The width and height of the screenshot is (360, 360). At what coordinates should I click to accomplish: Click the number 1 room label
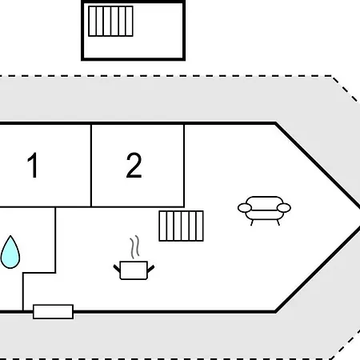pyautogui.click(x=33, y=165)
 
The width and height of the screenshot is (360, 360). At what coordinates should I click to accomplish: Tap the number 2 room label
pyautogui.click(x=134, y=165)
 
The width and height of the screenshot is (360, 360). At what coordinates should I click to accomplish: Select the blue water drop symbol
pyautogui.click(x=10, y=252)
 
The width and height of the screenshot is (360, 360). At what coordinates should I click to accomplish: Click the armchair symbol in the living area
pyautogui.click(x=264, y=210)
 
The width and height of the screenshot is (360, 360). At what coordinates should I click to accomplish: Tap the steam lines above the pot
pyautogui.click(x=135, y=247)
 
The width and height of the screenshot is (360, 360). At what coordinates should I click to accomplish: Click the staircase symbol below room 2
pyautogui.click(x=182, y=226)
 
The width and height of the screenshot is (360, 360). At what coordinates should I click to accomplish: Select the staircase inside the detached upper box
pyautogui.click(x=110, y=21)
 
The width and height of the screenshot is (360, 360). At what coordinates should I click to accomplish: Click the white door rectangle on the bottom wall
pyautogui.click(x=54, y=311)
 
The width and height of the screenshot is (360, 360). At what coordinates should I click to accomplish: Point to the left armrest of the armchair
pyautogui.click(x=245, y=208)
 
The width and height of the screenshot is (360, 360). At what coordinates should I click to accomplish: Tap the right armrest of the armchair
pyautogui.click(x=284, y=207)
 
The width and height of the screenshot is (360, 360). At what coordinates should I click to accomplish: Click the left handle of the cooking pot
pyautogui.click(x=117, y=268)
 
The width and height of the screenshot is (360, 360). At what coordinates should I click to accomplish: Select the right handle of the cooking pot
pyautogui.click(x=150, y=269)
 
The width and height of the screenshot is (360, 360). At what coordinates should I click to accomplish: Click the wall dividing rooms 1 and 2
pyautogui.click(x=91, y=166)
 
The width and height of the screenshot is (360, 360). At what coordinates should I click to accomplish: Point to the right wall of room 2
pyautogui.click(x=184, y=166)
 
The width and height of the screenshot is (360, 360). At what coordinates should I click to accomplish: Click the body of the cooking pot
pyautogui.click(x=134, y=270)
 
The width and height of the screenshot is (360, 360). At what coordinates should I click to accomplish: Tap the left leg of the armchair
pyautogui.click(x=252, y=222)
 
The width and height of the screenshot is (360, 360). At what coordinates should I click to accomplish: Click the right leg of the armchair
pyautogui.click(x=278, y=222)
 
